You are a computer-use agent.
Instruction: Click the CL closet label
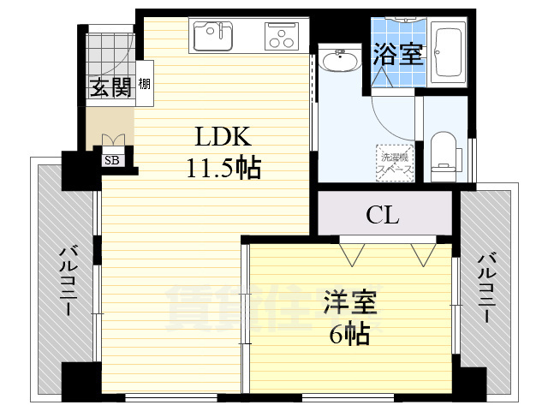(x=382, y=215)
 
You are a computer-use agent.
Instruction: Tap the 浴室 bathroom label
(x=396, y=55)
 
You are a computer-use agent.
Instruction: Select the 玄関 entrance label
(x=109, y=86)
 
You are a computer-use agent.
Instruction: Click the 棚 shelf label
(x=145, y=84)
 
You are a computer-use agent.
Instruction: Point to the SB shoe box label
(x=112, y=158)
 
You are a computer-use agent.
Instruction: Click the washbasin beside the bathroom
(x=340, y=62)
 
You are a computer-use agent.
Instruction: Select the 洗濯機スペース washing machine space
(x=396, y=163)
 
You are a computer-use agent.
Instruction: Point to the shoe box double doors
(x=112, y=140)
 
